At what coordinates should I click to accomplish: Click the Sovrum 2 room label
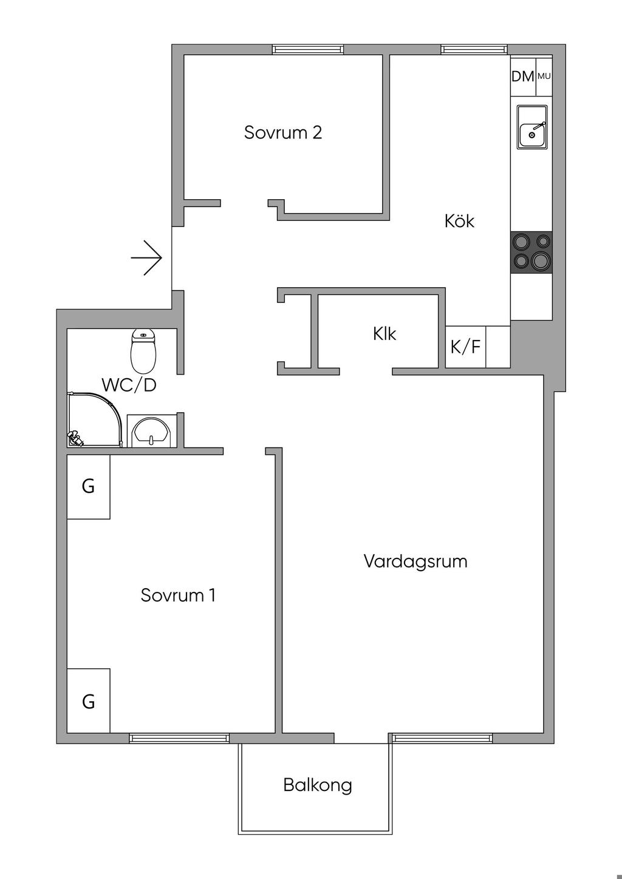coord(282,132)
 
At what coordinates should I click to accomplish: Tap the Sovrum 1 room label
coord(178,595)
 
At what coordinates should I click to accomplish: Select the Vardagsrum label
coord(415,561)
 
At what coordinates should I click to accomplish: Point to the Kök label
coord(459,220)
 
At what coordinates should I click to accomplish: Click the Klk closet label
coord(384,333)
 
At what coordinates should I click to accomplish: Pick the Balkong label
coord(317,785)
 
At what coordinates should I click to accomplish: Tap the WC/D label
coord(129,385)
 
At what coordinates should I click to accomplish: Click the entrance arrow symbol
coord(146,258)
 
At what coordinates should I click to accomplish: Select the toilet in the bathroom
coord(144,351)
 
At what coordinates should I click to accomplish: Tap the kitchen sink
coord(532,127)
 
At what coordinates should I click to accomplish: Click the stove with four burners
coord(531,252)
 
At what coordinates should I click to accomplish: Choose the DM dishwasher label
coord(522,76)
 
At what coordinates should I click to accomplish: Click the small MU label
coord(544,76)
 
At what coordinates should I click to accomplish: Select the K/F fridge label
coord(465,347)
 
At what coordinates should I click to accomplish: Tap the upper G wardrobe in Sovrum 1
coord(88,487)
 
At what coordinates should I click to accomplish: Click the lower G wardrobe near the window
coord(88,701)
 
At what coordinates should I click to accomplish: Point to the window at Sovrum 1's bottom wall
coord(179,738)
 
